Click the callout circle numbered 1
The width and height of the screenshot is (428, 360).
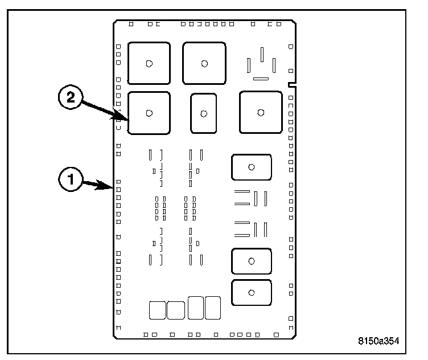(x=71, y=181)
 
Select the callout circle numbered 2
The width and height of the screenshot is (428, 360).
(x=71, y=98)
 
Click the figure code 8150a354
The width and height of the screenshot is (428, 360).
(x=378, y=341)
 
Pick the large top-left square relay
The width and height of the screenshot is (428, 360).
(x=149, y=63)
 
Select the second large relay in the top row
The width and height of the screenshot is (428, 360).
(x=204, y=63)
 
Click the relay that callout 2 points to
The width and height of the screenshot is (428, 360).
(x=149, y=113)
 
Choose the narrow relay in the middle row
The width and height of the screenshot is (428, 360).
(x=203, y=113)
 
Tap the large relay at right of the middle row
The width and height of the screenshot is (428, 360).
(x=260, y=112)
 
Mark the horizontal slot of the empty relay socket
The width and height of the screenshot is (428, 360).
(x=262, y=78)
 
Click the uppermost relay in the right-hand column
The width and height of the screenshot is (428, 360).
(x=251, y=167)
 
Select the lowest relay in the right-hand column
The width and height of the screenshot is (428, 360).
(x=251, y=292)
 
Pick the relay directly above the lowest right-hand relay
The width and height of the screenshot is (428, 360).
(x=251, y=261)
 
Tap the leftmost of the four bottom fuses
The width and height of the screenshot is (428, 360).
(x=157, y=310)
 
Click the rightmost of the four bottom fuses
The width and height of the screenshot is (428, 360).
(x=212, y=308)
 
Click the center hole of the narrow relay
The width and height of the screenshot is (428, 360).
(x=203, y=113)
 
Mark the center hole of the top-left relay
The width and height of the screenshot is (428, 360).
(x=149, y=63)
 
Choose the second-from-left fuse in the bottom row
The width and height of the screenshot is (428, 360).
(x=176, y=310)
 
